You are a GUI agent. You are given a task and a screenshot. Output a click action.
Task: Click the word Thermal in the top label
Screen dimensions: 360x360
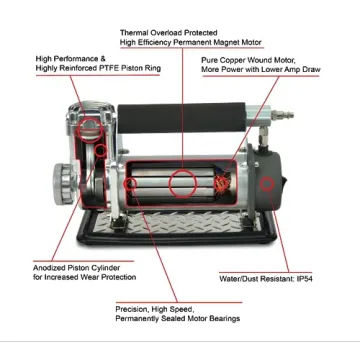(x=135, y=33)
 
